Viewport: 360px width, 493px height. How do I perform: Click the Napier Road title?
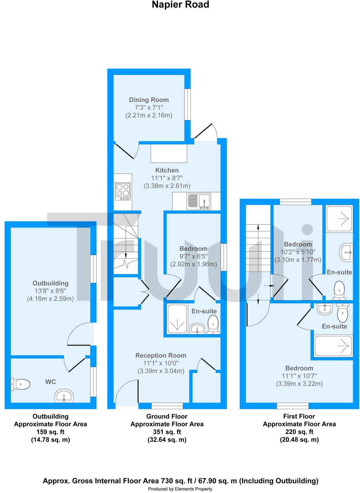click(180, 5)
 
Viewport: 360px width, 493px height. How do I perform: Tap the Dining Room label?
click(148, 100)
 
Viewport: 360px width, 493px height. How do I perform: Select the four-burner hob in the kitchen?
click(123, 191)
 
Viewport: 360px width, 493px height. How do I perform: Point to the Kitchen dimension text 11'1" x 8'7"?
click(167, 178)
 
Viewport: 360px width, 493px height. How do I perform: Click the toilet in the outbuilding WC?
click(21, 384)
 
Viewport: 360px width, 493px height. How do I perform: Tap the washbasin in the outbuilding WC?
click(64, 396)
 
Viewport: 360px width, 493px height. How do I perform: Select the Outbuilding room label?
click(50, 283)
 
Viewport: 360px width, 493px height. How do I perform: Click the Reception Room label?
click(161, 355)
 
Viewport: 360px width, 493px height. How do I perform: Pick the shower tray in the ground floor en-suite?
click(178, 319)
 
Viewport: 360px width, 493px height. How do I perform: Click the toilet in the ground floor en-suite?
click(213, 325)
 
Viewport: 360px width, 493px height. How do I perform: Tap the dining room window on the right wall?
click(188, 104)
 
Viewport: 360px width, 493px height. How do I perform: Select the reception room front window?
click(167, 406)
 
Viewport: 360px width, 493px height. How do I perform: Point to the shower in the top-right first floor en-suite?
click(339, 219)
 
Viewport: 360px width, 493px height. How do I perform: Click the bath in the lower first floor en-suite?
click(334, 346)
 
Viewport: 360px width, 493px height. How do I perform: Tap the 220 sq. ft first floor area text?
click(299, 432)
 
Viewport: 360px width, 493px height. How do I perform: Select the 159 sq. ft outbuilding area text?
click(50, 432)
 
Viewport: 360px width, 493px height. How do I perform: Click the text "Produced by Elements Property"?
click(180, 489)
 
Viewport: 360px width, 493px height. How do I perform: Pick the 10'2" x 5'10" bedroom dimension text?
click(298, 252)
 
